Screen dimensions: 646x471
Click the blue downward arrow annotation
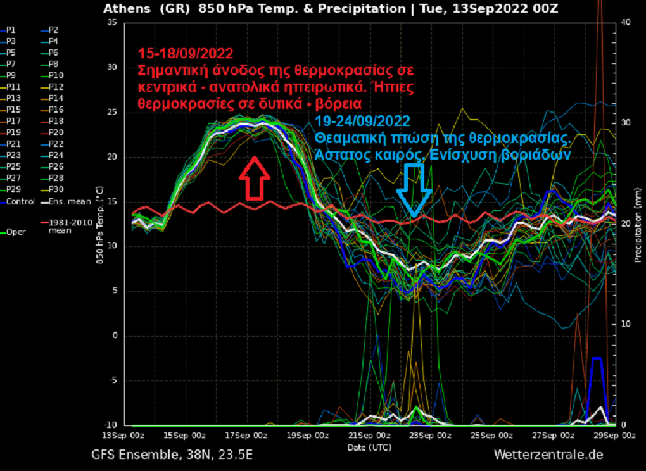[x=414, y=190]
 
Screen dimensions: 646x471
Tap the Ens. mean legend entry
[x=65, y=202]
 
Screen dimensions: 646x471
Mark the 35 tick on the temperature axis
[x=111, y=22]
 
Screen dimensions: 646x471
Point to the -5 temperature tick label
[x=111, y=380]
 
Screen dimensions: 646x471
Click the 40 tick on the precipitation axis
[x=625, y=22]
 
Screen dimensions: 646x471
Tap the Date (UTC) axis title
[x=369, y=447]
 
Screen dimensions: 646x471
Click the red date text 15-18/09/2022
[x=186, y=54]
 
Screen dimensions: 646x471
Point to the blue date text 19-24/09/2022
[x=362, y=121]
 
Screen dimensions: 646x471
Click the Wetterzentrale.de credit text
[x=548, y=455]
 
